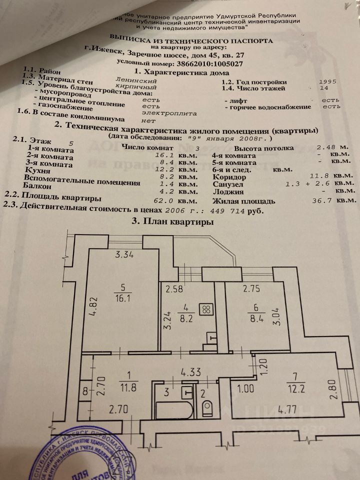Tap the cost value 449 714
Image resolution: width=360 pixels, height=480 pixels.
(238, 211)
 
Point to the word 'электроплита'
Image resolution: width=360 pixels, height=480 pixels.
(162, 113)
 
